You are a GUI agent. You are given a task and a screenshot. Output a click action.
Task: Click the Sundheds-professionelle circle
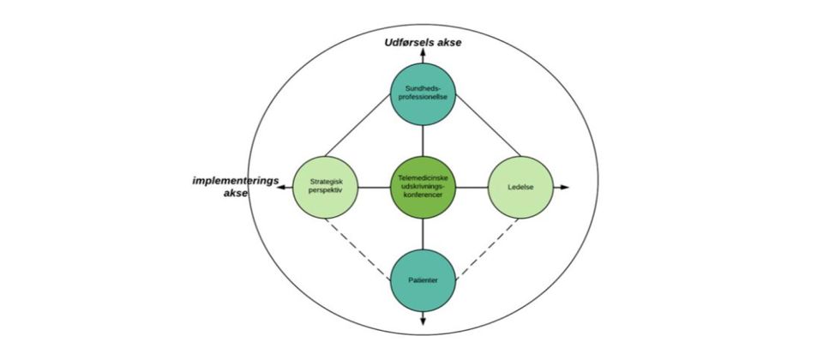coord(423,92)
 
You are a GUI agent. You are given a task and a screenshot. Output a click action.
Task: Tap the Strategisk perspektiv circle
coord(325,186)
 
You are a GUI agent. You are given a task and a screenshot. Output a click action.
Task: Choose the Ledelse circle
coord(520,186)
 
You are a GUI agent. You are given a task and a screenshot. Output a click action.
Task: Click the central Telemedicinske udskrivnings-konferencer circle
coord(423,186)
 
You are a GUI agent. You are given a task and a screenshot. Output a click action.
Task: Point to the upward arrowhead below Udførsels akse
coord(423,52)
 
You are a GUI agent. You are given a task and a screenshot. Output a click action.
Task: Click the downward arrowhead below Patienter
coord(423,321)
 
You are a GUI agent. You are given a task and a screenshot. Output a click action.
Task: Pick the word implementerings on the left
coord(236,180)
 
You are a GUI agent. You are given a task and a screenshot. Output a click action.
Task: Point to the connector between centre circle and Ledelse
coord(472,186)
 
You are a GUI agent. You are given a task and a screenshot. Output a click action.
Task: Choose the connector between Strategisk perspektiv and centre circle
coord(374,186)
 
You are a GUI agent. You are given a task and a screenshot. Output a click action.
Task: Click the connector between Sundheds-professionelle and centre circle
coord(423,139)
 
